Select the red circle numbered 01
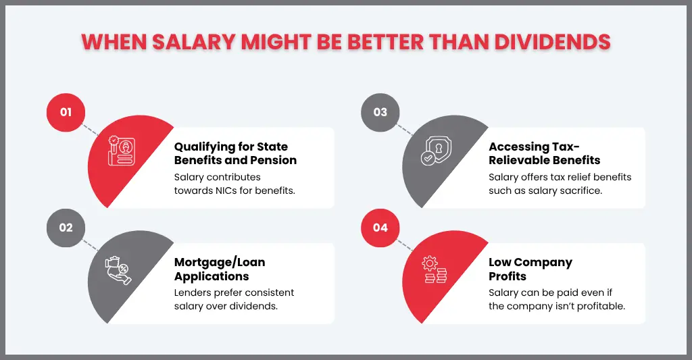66,112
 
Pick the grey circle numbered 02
66,228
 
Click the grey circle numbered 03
380,112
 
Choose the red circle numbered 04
380,228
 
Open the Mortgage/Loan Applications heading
220,269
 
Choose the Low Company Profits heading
530,269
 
